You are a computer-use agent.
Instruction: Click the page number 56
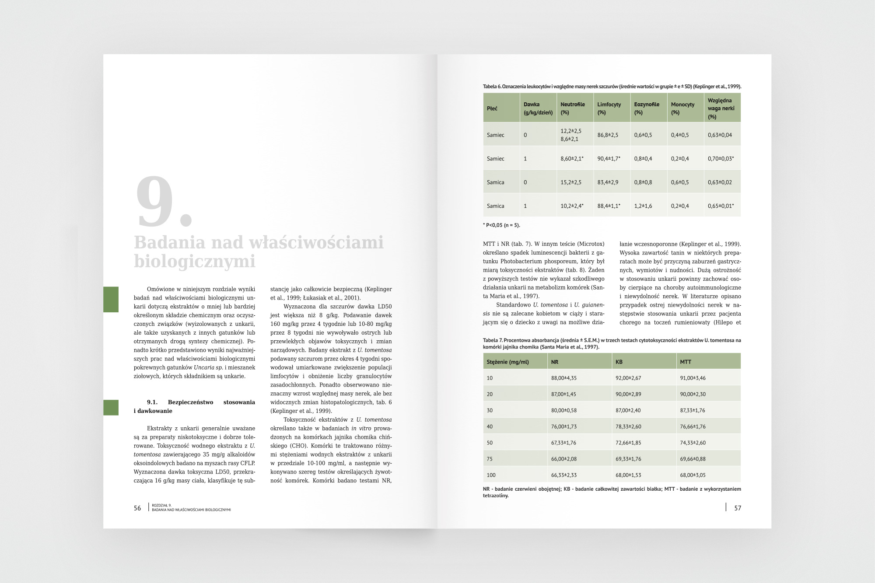pos(137,508)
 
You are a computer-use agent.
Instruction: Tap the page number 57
pos(738,508)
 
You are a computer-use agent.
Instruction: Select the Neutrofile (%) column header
pos(573,108)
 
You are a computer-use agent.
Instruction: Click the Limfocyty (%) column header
pos(609,108)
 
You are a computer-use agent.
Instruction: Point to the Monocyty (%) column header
pos(682,108)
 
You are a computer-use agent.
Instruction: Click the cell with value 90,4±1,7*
pos(609,159)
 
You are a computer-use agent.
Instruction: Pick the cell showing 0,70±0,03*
pos(721,159)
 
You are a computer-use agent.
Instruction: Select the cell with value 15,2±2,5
pos(571,182)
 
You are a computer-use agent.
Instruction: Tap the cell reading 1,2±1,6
pos(643,206)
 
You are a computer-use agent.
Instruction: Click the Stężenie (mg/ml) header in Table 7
pos(507,362)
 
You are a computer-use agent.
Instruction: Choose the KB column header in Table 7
pos(619,362)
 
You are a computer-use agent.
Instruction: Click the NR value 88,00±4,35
pos(564,378)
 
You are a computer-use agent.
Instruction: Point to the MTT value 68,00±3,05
pos(693,475)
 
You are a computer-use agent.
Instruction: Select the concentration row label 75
pos(490,459)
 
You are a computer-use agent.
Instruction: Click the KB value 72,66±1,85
pos(628,443)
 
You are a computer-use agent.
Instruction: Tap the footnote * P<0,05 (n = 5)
pos(501,225)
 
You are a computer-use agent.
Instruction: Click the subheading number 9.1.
pos(152,402)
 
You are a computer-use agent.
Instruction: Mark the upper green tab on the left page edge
pos(111,299)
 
